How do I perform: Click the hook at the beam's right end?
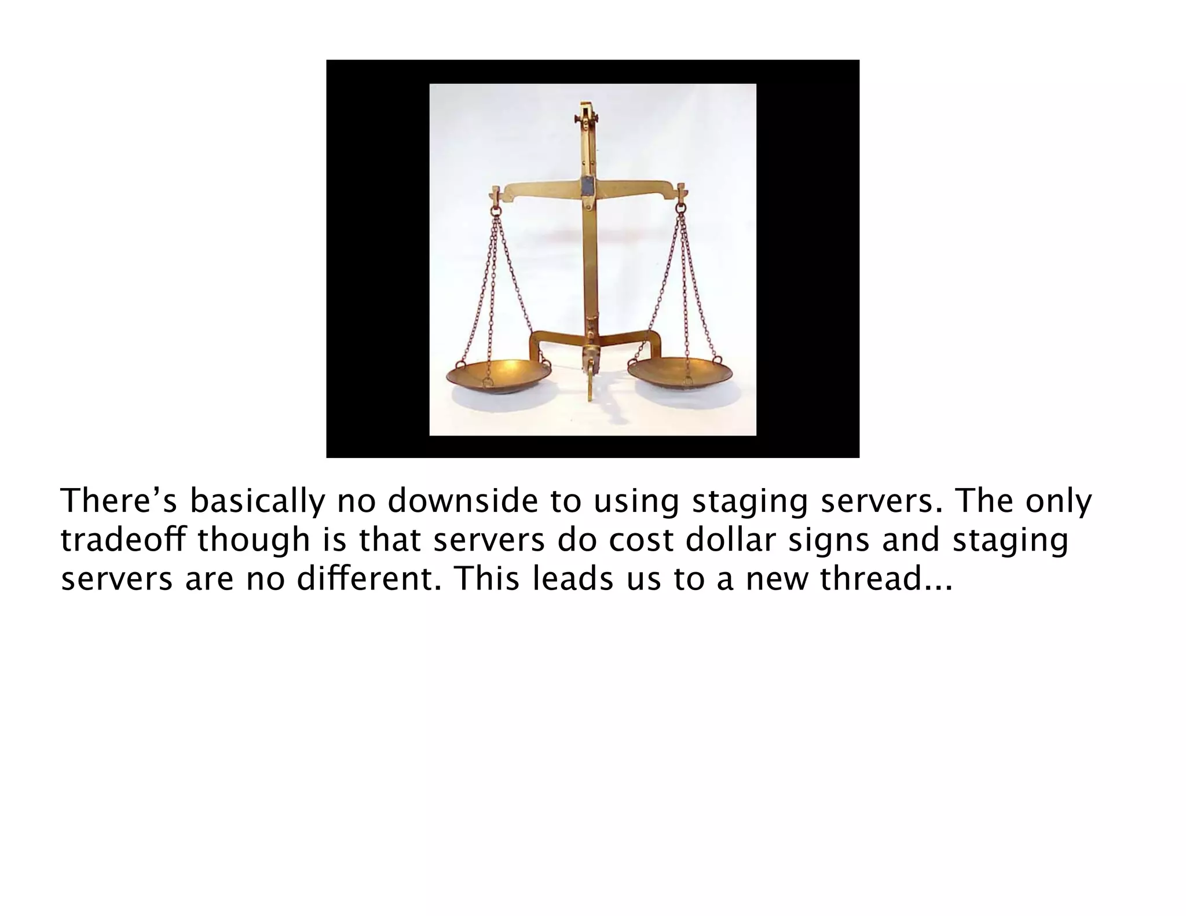[x=681, y=197]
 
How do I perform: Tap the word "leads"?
[x=570, y=578]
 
